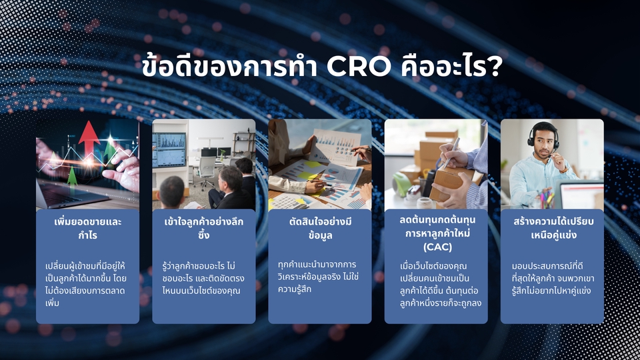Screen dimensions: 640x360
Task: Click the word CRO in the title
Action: tap(359, 67)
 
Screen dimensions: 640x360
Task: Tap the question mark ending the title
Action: tap(495, 67)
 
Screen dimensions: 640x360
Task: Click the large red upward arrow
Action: tap(89, 139)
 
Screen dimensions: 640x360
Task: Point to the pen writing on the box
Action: tap(451, 153)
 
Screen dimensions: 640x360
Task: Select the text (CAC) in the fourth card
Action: tap(437, 247)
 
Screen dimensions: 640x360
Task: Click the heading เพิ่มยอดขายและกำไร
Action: tap(88, 229)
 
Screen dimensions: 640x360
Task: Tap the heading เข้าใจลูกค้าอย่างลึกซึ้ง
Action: tap(204, 228)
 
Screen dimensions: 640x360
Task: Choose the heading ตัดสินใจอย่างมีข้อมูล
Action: tap(320, 229)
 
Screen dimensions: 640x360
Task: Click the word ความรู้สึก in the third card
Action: tap(295, 289)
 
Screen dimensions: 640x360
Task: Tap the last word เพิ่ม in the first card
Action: tap(53, 303)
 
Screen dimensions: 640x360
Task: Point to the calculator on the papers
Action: tap(286, 201)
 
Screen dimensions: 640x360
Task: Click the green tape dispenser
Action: tap(402, 184)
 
